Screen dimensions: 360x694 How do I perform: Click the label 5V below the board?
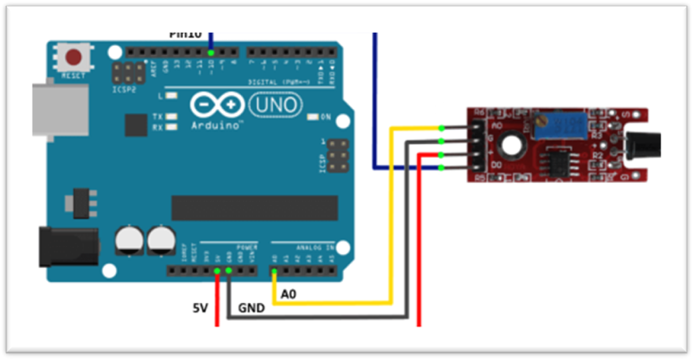(x=201, y=308)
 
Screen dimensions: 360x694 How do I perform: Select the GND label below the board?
(x=252, y=308)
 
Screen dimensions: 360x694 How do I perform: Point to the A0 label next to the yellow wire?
(x=289, y=294)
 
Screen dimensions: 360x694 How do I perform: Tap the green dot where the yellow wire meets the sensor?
(x=442, y=128)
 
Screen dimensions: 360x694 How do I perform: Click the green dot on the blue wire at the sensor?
(x=442, y=168)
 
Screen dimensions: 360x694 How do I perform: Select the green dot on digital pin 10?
(x=211, y=53)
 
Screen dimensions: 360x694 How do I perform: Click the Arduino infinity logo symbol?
(x=217, y=105)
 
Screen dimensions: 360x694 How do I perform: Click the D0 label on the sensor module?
(x=498, y=168)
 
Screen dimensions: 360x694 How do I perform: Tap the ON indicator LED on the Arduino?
(x=313, y=117)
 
